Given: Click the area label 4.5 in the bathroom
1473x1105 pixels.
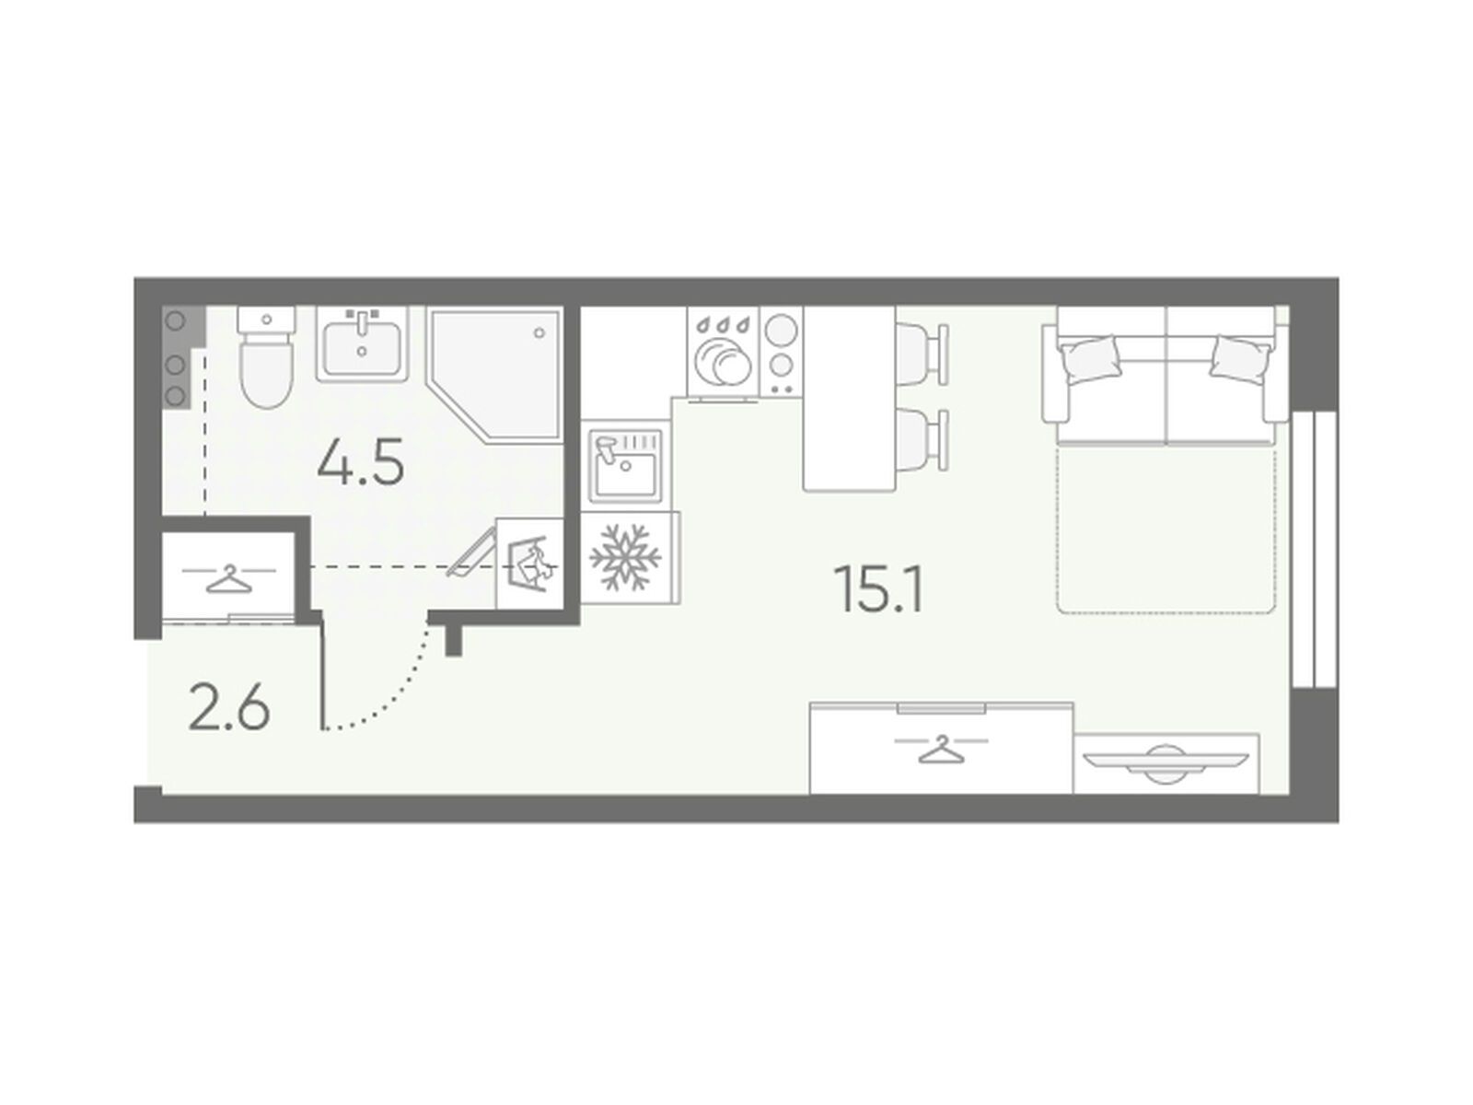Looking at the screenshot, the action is point(360,461).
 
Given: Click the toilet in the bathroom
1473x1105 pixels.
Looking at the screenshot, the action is point(266,357).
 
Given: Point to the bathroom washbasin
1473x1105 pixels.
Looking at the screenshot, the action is point(363,344).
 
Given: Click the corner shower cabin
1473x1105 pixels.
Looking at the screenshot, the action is point(495,375).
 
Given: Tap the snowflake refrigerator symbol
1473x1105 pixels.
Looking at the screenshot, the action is point(625,558).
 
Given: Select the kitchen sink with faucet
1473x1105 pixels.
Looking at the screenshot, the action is point(625,463).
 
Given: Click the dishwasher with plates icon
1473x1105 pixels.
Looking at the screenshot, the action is point(723,353).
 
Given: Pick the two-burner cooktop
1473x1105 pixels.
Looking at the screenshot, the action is point(781,353).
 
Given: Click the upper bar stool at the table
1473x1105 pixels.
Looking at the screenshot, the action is point(922,355).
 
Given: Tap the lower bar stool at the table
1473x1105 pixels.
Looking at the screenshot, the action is point(922,440).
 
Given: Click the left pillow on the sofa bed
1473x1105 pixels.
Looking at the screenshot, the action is point(1090,359).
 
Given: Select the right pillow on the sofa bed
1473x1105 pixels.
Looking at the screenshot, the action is point(1242,359).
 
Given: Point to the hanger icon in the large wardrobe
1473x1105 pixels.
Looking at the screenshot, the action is point(941,749).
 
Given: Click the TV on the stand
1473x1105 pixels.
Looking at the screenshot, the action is point(1166,763).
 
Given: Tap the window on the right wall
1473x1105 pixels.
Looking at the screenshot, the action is point(1314,549).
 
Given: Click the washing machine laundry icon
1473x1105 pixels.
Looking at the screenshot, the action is point(530,563).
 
